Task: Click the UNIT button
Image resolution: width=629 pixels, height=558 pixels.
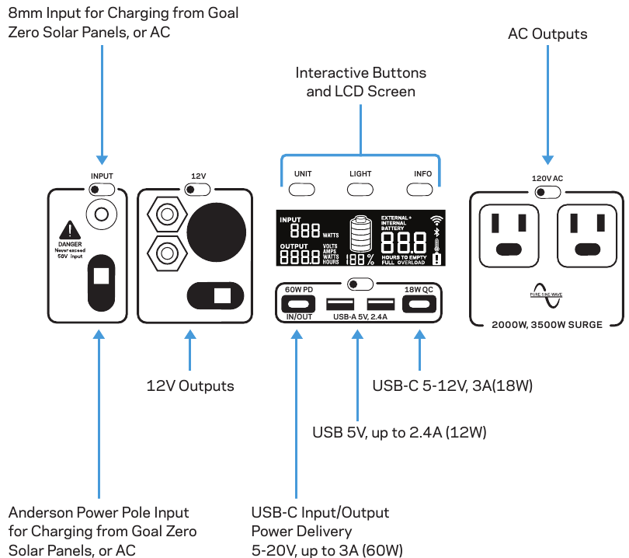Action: click(302, 189)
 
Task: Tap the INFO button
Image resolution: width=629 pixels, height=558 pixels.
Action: click(423, 189)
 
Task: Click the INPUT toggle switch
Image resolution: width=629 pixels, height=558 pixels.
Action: click(102, 189)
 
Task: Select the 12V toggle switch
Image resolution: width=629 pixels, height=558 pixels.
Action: click(198, 189)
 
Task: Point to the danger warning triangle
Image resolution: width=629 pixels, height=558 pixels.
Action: click(71, 229)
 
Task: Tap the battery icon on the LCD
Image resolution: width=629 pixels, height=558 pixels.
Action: click(360, 233)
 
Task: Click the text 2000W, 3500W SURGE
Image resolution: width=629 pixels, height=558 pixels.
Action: click(547, 324)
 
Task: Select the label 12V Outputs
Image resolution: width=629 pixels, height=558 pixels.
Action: click(190, 385)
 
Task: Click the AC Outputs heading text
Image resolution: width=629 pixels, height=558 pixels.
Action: click(547, 34)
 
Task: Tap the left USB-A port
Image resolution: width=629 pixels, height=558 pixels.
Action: click(339, 304)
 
